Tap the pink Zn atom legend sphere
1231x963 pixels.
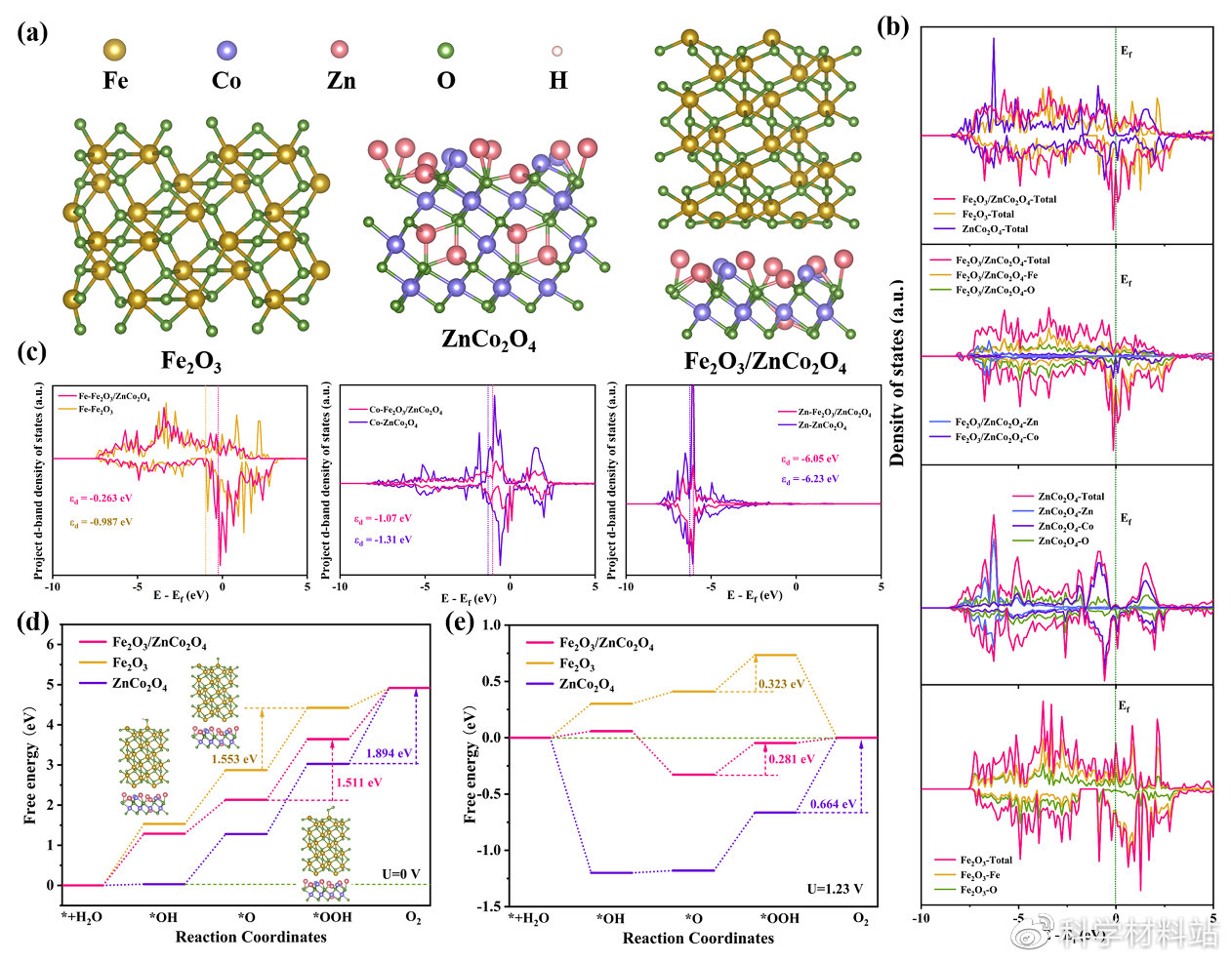tap(340, 50)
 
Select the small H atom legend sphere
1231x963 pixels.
tap(557, 51)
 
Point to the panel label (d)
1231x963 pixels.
tap(33, 622)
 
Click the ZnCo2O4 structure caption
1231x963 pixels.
tap(488, 339)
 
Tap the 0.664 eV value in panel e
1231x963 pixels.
tap(834, 803)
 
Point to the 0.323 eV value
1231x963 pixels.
tap(781, 684)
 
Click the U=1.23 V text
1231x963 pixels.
tap(836, 888)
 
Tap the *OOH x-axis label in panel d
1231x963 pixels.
tap(332, 917)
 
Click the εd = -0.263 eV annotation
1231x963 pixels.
tap(101, 500)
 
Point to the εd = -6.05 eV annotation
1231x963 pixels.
tap(808, 459)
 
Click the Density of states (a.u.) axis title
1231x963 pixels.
tap(898, 371)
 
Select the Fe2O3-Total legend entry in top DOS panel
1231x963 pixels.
tap(988, 214)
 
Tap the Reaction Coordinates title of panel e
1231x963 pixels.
tap(698, 939)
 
